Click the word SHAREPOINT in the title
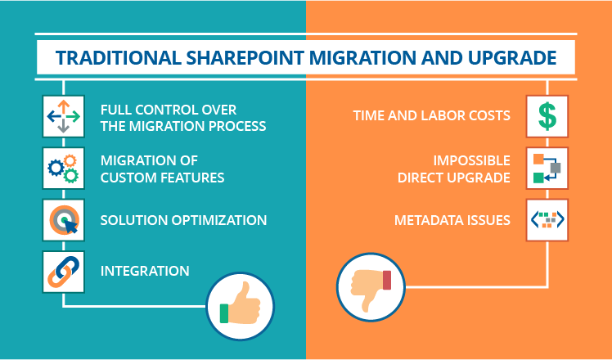click(245, 58)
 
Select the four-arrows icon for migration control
click(63, 116)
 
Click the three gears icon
click(63, 169)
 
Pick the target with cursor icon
click(63, 220)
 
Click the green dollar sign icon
click(547, 116)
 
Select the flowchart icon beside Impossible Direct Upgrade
click(547, 169)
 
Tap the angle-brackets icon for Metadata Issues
click(547, 220)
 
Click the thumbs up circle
click(240, 307)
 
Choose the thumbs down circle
click(371, 287)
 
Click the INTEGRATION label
click(145, 271)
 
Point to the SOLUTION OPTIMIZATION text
click(183, 220)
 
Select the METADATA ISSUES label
click(452, 220)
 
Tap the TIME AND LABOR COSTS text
click(432, 115)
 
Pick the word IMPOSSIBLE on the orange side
click(472, 160)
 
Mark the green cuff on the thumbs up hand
click(224, 313)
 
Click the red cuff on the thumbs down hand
click(387, 280)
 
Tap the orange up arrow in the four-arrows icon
click(63, 106)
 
